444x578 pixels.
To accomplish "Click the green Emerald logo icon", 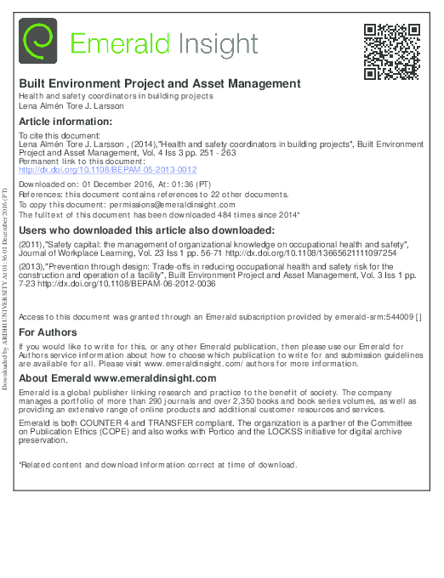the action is [x=38, y=42].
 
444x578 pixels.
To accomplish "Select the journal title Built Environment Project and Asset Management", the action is [x=160, y=84].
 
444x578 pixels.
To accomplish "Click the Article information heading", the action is [x=60, y=122].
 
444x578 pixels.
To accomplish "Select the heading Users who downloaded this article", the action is [x=146, y=230].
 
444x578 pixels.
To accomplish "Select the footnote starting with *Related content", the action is [x=158, y=465].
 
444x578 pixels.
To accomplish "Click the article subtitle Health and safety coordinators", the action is [x=116, y=96].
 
